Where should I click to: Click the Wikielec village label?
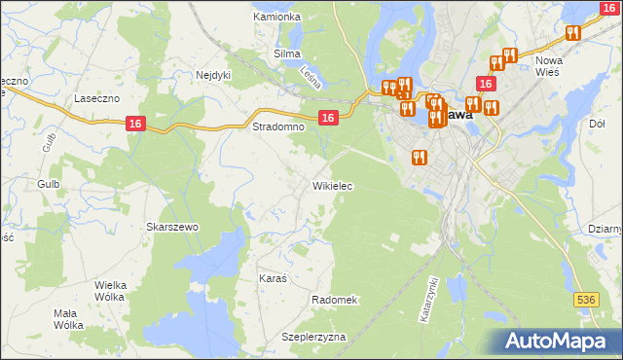point(332,185)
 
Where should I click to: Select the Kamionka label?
point(276,17)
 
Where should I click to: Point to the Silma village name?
point(287,54)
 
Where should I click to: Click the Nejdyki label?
point(212,74)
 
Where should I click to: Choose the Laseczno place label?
point(97,99)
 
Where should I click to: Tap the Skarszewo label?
point(172,227)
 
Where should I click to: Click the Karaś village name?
point(273,278)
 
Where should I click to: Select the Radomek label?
point(335,300)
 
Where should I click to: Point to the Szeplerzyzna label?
point(313,337)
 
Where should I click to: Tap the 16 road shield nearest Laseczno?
point(135,123)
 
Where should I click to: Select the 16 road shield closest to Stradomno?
point(328,118)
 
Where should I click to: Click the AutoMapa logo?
point(557,341)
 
